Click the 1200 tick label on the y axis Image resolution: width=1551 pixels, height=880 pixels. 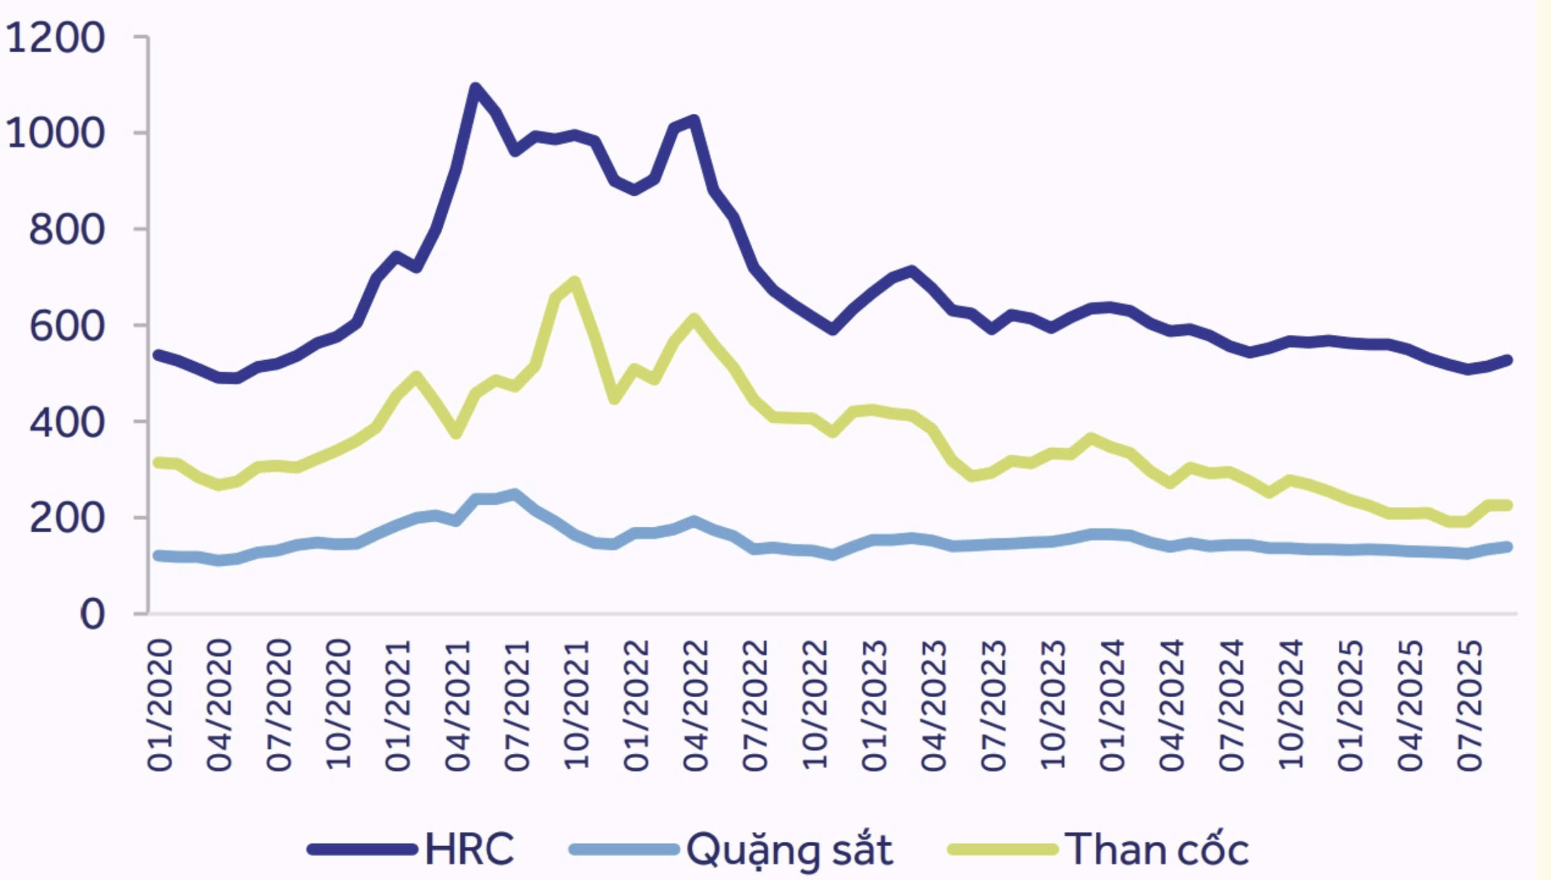pos(55,38)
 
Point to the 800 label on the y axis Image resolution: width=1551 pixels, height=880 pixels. pos(66,230)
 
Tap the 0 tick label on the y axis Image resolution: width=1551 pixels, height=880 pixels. pos(92,614)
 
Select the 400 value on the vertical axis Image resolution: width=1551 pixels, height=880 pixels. pos(66,423)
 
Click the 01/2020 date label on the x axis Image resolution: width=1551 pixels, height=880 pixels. pos(160,705)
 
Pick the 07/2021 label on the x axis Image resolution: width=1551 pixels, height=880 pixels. pos(517,705)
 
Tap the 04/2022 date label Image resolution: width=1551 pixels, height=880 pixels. pos(696,705)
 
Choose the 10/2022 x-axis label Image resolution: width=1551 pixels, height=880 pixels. pos(815,705)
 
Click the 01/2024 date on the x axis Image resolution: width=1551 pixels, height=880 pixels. pos(1113,705)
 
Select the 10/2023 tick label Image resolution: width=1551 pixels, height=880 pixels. pos(1053,705)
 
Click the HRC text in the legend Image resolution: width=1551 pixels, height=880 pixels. pos(469,849)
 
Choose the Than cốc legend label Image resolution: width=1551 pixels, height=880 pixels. pos(1156,849)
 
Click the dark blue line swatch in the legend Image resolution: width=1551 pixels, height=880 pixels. pos(362,850)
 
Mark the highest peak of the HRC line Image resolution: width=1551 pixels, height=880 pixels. pos(475,88)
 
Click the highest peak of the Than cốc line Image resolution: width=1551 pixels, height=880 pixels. pos(574,282)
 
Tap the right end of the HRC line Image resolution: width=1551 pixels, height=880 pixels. pos(1508,360)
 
